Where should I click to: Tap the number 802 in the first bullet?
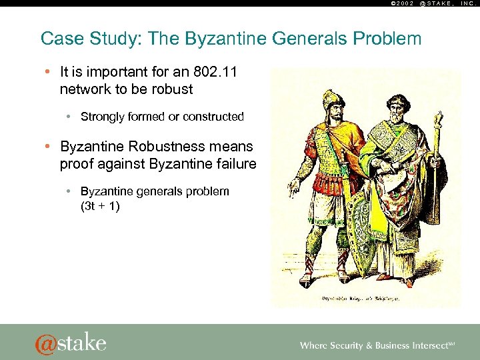tap(201, 71)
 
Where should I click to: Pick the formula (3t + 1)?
tap(100, 207)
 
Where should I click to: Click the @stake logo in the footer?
tap(70, 343)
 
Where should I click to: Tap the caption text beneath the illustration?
tap(365, 300)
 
